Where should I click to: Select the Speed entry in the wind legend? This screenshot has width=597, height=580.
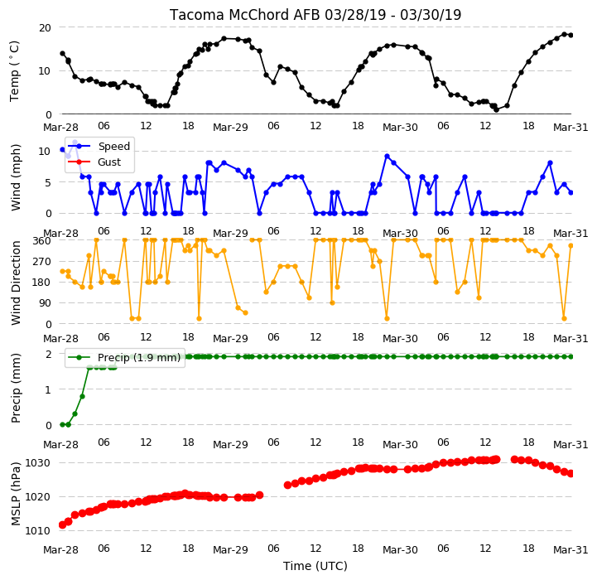(113, 147)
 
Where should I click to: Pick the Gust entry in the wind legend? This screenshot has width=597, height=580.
(109, 162)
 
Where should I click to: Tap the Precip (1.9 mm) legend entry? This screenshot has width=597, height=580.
(139, 357)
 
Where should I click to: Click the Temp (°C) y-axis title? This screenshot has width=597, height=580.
(14, 71)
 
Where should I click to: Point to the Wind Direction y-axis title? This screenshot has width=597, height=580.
(16, 283)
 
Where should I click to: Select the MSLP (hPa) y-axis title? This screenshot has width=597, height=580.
(16, 494)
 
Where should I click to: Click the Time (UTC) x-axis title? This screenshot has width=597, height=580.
(315, 566)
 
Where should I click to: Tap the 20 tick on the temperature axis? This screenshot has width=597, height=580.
(45, 27)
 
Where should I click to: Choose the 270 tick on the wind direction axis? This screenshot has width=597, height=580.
(42, 262)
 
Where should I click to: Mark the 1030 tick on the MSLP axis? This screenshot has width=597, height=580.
(38, 462)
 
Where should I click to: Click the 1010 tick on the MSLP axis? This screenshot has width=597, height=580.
(38, 530)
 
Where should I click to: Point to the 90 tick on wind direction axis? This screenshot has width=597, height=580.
(45, 303)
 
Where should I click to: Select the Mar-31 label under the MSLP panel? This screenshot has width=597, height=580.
(571, 549)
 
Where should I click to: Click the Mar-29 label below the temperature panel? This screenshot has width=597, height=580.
(230, 127)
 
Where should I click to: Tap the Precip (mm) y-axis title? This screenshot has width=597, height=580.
(16, 389)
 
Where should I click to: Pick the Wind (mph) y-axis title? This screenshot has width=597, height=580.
(16, 177)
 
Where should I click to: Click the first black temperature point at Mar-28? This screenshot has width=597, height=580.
(62, 53)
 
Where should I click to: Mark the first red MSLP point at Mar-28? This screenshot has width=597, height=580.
(62, 525)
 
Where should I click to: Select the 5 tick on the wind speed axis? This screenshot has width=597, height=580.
(48, 182)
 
